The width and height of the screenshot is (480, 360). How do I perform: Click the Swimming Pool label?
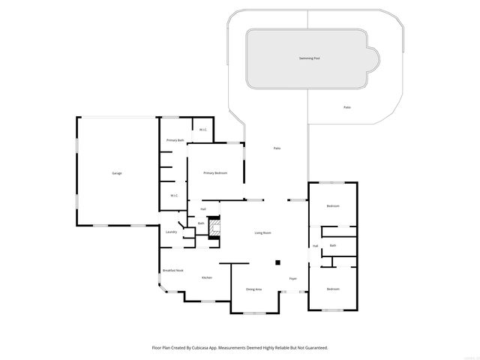point(308,58)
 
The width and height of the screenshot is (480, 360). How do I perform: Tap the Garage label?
point(117,173)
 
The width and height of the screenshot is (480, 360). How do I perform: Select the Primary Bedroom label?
point(215,173)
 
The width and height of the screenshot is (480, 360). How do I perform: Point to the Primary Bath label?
point(175,140)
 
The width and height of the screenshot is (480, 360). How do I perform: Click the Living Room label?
point(262,233)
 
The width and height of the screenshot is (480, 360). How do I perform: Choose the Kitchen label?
point(206,277)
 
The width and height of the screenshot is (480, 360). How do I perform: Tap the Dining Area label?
point(253,289)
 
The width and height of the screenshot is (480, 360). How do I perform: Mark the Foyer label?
point(293,278)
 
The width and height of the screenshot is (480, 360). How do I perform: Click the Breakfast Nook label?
point(173,270)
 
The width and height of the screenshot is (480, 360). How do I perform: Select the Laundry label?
point(171,232)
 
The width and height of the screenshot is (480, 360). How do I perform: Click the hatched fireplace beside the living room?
point(214,227)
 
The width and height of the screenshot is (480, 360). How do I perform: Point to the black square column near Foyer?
point(277,262)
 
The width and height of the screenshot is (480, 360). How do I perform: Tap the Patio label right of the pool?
point(347,107)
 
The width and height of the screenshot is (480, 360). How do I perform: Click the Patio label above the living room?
point(277,148)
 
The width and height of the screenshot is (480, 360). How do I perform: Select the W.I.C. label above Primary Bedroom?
point(202,130)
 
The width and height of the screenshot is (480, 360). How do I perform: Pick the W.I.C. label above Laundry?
point(173,196)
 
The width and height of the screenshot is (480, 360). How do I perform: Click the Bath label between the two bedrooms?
point(332,245)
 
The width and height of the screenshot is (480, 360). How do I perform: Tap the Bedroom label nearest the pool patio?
point(333,206)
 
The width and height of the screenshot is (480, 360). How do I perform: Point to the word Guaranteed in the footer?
point(313,347)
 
